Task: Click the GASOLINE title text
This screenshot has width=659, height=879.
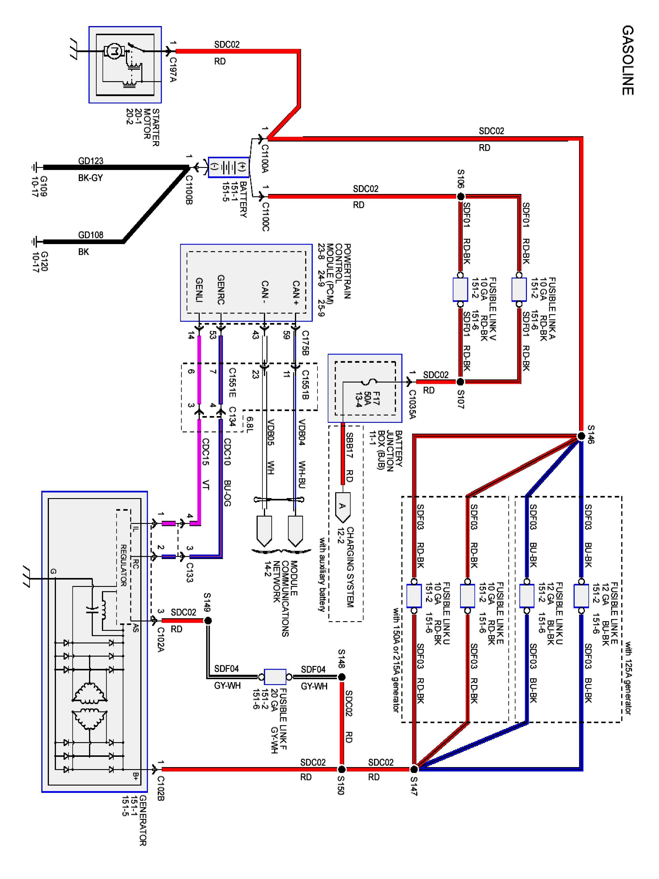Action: click(x=627, y=60)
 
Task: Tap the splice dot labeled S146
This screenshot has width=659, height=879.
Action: click(x=581, y=436)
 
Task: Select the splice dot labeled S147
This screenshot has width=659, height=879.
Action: click(x=414, y=769)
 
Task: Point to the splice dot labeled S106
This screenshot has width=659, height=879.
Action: click(x=460, y=196)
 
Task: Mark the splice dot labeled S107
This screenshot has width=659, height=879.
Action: click(x=460, y=382)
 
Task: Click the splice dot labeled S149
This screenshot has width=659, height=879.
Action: click(x=208, y=621)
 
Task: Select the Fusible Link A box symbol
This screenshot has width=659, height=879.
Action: click(x=519, y=289)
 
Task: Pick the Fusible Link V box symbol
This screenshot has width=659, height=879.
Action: click(x=460, y=289)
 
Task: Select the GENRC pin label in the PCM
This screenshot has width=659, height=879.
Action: click(x=221, y=290)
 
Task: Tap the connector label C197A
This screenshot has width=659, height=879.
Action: click(x=173, y=69)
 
